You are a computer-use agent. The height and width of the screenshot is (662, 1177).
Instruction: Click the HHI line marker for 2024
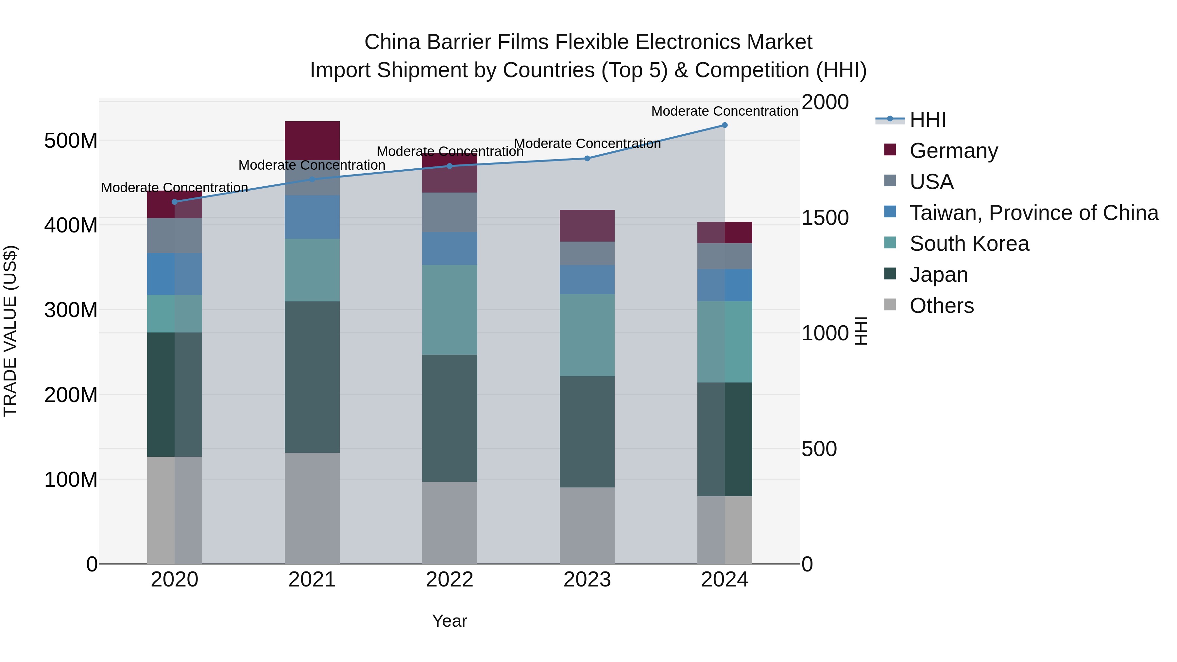[x=725, y=125]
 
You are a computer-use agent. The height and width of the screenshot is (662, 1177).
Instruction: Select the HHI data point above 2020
[x=175, y=202]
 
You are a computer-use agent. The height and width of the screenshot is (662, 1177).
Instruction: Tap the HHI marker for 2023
[x=587, y=159]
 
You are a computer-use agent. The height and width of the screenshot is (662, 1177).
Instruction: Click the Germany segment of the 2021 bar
[x=312, y=140]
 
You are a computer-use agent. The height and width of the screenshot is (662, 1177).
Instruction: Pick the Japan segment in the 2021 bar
[x=312, y=377]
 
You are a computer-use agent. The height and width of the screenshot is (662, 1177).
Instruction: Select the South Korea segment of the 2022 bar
[x=450, y=310]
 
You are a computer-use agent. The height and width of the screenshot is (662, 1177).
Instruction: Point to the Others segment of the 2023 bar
[x=587, y=525]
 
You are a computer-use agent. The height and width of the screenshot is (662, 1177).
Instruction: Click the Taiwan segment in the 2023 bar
[x=587, y=280]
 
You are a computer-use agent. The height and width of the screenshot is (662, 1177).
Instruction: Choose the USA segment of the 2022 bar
[x=450, y=212]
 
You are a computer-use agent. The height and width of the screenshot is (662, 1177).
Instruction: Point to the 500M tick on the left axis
[x=71, y=140]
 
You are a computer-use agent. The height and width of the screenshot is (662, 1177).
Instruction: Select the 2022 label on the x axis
[x=450, y=580]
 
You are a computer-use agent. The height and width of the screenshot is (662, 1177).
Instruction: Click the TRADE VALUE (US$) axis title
[x=10, y=331]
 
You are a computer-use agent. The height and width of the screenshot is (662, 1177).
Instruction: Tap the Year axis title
[x=450, y=621]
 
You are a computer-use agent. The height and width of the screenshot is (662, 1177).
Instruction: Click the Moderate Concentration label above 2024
[x=725, y=111]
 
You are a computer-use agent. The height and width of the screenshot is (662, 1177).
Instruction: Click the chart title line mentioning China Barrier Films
[x=588, y=42]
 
